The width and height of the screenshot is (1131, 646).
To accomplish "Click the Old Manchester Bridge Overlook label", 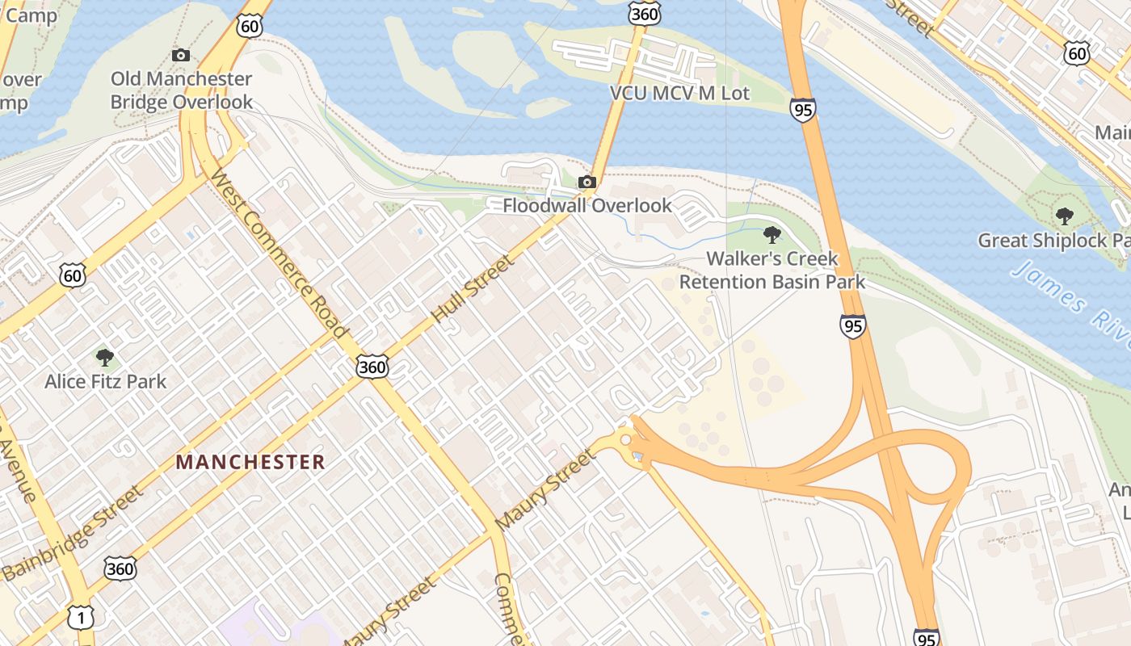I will pyautogui.click(x=181, y=90).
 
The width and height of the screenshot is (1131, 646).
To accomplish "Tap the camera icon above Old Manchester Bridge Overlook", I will pyautogui.click(x=181, y=55).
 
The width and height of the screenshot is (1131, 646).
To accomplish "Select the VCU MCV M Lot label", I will pyautogui.click(x=679, y=93).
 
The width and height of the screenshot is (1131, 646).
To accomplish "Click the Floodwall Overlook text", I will pyautogui.click(x=587, y=205).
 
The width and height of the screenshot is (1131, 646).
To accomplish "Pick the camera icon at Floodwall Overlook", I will pyautogui.click(x=587, y=182).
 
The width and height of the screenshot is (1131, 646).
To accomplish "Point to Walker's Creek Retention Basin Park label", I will pyautogui.click(x=772, y=271).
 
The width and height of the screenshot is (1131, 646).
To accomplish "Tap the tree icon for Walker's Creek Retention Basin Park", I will pyautogui.click(x=772, y=236).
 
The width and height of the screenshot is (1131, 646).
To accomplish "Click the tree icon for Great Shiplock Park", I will pyautogui.click(x=1065, y=216).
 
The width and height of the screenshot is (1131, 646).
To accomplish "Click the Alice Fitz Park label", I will pyautogui.click(x=105, y=381).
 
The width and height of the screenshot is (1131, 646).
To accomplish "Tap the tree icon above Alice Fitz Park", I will pyautogui.click(x=104, y=357).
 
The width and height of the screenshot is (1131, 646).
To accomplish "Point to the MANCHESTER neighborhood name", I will pyautogui.click(x=250, y=462).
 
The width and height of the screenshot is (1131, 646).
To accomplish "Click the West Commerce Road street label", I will pyautogui.click(x=279, y=254).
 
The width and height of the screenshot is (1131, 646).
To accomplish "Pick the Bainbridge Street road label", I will pyautogui.click(x=73, y=533).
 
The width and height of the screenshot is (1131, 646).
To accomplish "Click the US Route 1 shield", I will pyautogui.click(x=81, y=617).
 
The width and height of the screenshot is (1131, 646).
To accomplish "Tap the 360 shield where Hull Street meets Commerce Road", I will pyautogui.click(x=372, y=367).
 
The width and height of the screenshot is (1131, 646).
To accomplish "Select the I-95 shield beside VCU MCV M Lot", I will pyautogui.click(x=803, y=110).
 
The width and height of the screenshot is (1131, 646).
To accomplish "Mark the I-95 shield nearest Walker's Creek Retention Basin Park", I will pyautogui.click(x=852, y=325).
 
